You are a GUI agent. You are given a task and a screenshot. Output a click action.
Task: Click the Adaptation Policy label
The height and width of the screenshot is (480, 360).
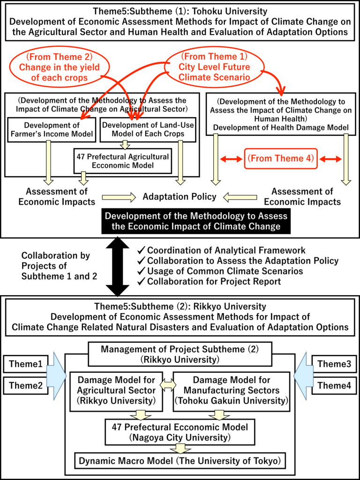(x=180, y=196)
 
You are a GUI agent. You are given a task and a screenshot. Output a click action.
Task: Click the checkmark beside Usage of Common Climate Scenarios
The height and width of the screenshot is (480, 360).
(x=142, y=271)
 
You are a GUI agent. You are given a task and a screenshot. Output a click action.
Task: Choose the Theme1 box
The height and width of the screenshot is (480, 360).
(x=25, y=364)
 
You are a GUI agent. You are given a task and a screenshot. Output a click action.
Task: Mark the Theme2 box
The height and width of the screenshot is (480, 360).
(x=25, y=386)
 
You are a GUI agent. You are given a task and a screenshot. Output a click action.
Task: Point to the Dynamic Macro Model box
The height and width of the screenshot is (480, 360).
(x=180, y=461)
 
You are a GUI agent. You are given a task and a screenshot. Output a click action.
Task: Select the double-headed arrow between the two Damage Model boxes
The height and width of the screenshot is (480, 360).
(x=168, y=384)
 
